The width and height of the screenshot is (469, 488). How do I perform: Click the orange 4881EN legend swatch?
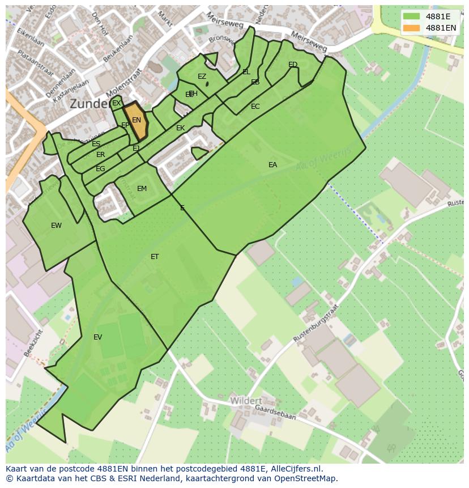pyautogui.click(x=412, y=28)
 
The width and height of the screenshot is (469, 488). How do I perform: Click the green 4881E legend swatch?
pyautogui.click(x=412, y=16)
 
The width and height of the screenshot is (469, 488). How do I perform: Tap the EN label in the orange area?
pyautogui.click(x=137, y=120)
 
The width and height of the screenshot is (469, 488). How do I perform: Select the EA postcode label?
pyautogui.click(x=273, y=165)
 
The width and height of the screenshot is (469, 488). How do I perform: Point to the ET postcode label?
pyautogui.click(x=155, y=257)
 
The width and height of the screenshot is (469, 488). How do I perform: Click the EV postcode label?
pyautogui.click(x=98, y=337)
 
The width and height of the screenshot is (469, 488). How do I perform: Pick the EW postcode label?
pyautogui.click(x=56, y=226)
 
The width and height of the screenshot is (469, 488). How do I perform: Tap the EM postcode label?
pyautogui.click(x=142, y=189)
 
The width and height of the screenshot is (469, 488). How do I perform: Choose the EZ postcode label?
pyautogui.click(x=202, y=77)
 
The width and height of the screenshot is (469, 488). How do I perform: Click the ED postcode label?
pyautogui.click(x=293, y=65)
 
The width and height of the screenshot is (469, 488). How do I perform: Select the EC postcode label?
pyautogui.click(x=255, y=107)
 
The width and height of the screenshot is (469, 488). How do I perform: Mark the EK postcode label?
pyautogui.click(x=181, y=128)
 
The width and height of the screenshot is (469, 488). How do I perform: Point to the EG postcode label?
pyautogui.click(x=100, y=169)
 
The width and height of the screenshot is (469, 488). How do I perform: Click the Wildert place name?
pyautogui.click(x=246, y=401)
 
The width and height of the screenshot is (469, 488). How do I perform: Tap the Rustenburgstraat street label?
pyautogui.click(x=315, y=322)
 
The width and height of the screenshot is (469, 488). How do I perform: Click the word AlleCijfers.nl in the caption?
pyautogui.click(x=295, y=469)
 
